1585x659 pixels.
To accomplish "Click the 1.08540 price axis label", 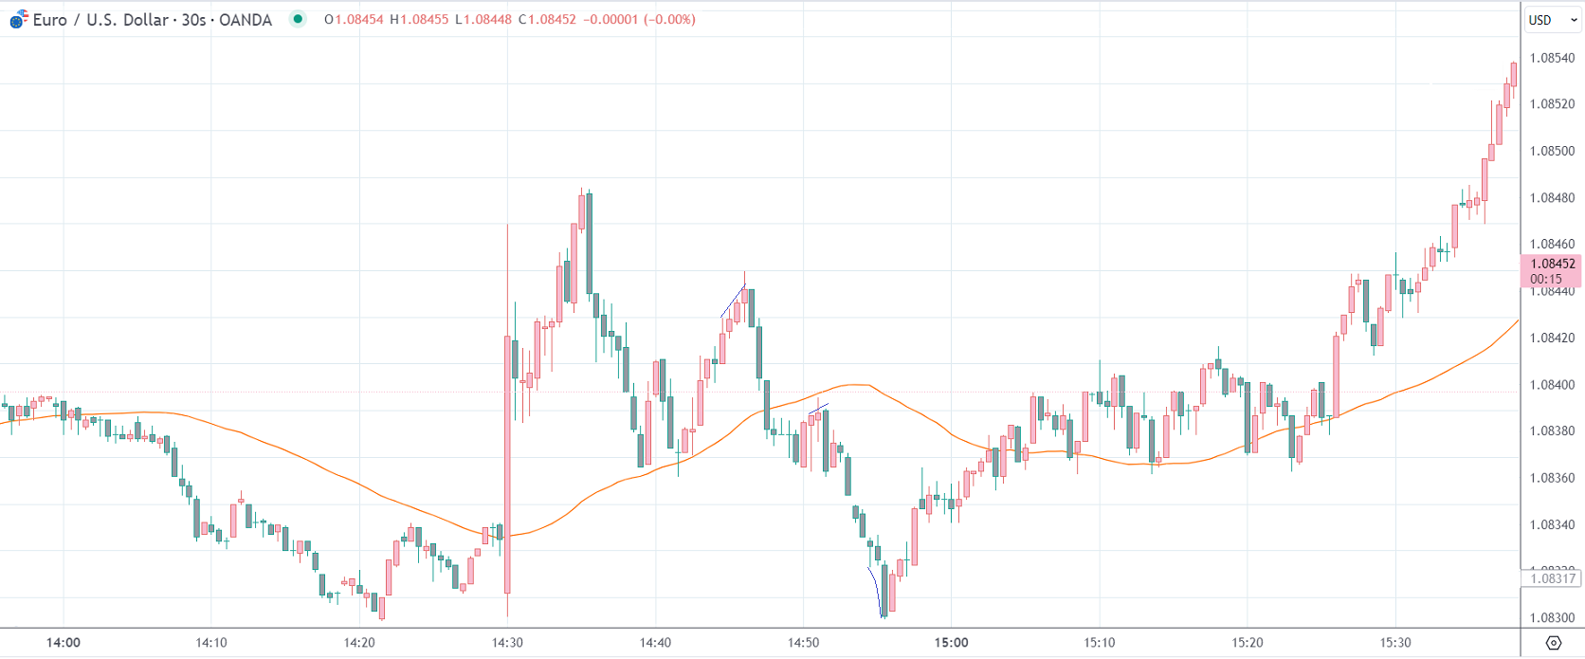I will [x=1552, y=58].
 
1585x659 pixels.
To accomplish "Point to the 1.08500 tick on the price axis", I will [x=1552, y=151].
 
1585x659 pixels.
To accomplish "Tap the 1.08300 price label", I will [x=1552, y=617].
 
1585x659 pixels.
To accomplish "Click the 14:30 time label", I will [x=507, y=643].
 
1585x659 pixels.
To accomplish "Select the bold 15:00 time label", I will [x=951, y=643].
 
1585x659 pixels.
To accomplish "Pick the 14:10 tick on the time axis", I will [x=211, y=643].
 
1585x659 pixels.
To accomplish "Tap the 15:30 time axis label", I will [x=1395, y=643].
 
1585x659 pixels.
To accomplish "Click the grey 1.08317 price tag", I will [x=1552, y=578].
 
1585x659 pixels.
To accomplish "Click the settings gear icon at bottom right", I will [x=1553, y=643].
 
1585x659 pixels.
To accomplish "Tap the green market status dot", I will [x=298, y=19].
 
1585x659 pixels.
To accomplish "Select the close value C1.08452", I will [x=547, y=20].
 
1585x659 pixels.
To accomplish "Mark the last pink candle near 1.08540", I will [x=1514, y=74].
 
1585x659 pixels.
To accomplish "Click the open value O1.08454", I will [x=354, y=20].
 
